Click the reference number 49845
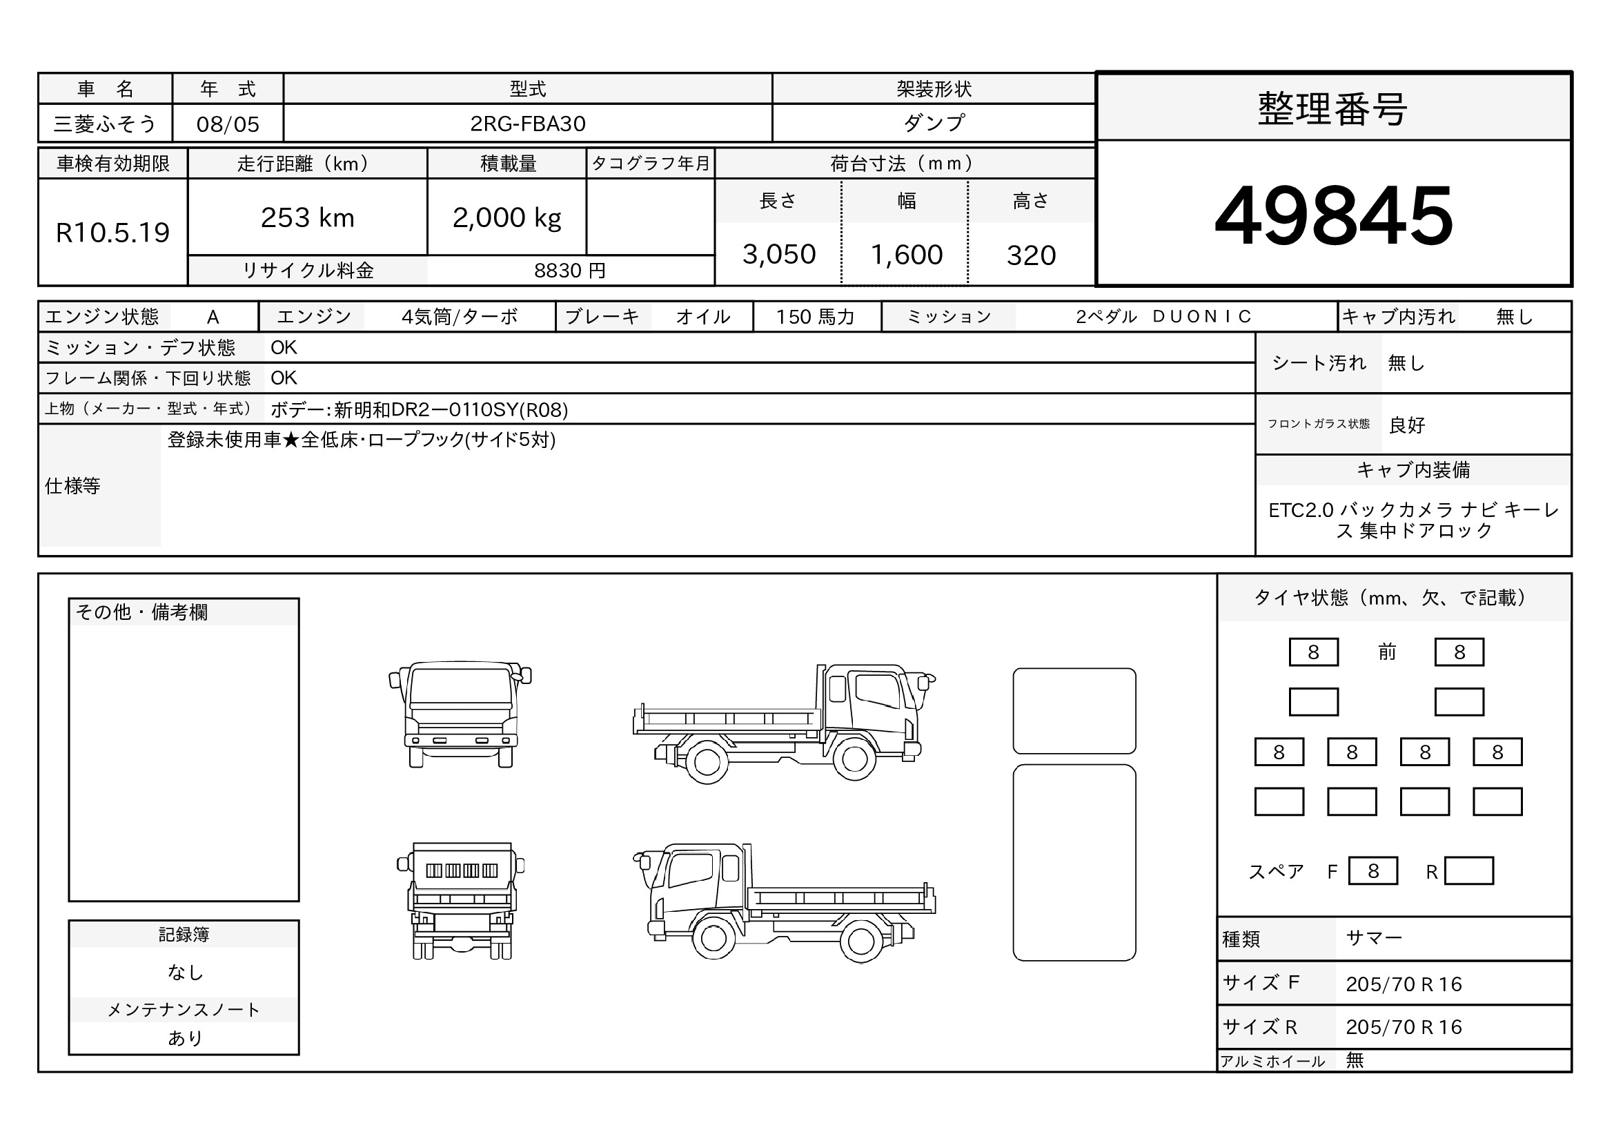click(x=1334, y=215)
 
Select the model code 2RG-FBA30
click(x=527, y=124)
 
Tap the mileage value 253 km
click(x=307, y=218)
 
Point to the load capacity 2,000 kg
click(x=507, y=218)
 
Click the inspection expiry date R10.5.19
click(x=112, y=233)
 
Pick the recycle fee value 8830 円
click(x=569, y=271)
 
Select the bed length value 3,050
click(x=779, y=255)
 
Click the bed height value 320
click(x=1031, y=255)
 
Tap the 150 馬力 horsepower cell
click(x=816, y=317)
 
